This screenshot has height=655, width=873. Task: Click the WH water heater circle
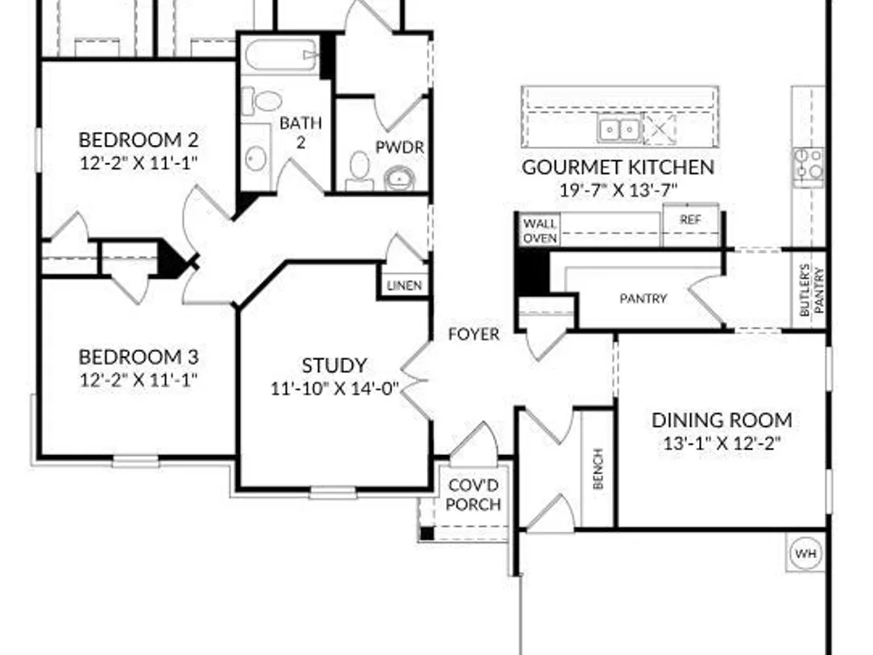(x=806, y=554)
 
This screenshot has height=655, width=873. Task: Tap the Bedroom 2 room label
(x=139, y=140)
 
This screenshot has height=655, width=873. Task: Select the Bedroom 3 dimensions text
(x=139, y=381)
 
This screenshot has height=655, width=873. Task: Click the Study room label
(x=334, y=365)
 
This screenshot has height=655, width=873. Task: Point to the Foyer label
(x=474, y=334)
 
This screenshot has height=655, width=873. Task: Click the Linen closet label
(x=404, y=286)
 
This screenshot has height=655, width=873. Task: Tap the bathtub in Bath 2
(x=281, y=54)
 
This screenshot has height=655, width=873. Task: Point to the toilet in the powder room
(x=360, y=171)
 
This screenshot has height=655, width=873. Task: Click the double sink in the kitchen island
(x=619, y=129)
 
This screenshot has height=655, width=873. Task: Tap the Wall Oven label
(x=540, y=231)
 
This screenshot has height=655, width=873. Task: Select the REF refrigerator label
(x=691, y=220)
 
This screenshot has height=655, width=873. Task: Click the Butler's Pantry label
(x=812, y=292)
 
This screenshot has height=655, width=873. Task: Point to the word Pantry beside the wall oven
(x=643, y=299)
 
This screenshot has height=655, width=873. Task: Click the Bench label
(x=598, y=469)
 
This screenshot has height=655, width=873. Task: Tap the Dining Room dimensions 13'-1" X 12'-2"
(x=722, y=444)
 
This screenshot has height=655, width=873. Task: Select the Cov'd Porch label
(x=474, y=494)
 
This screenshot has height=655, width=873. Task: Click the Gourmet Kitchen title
(x=618, y=167)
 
